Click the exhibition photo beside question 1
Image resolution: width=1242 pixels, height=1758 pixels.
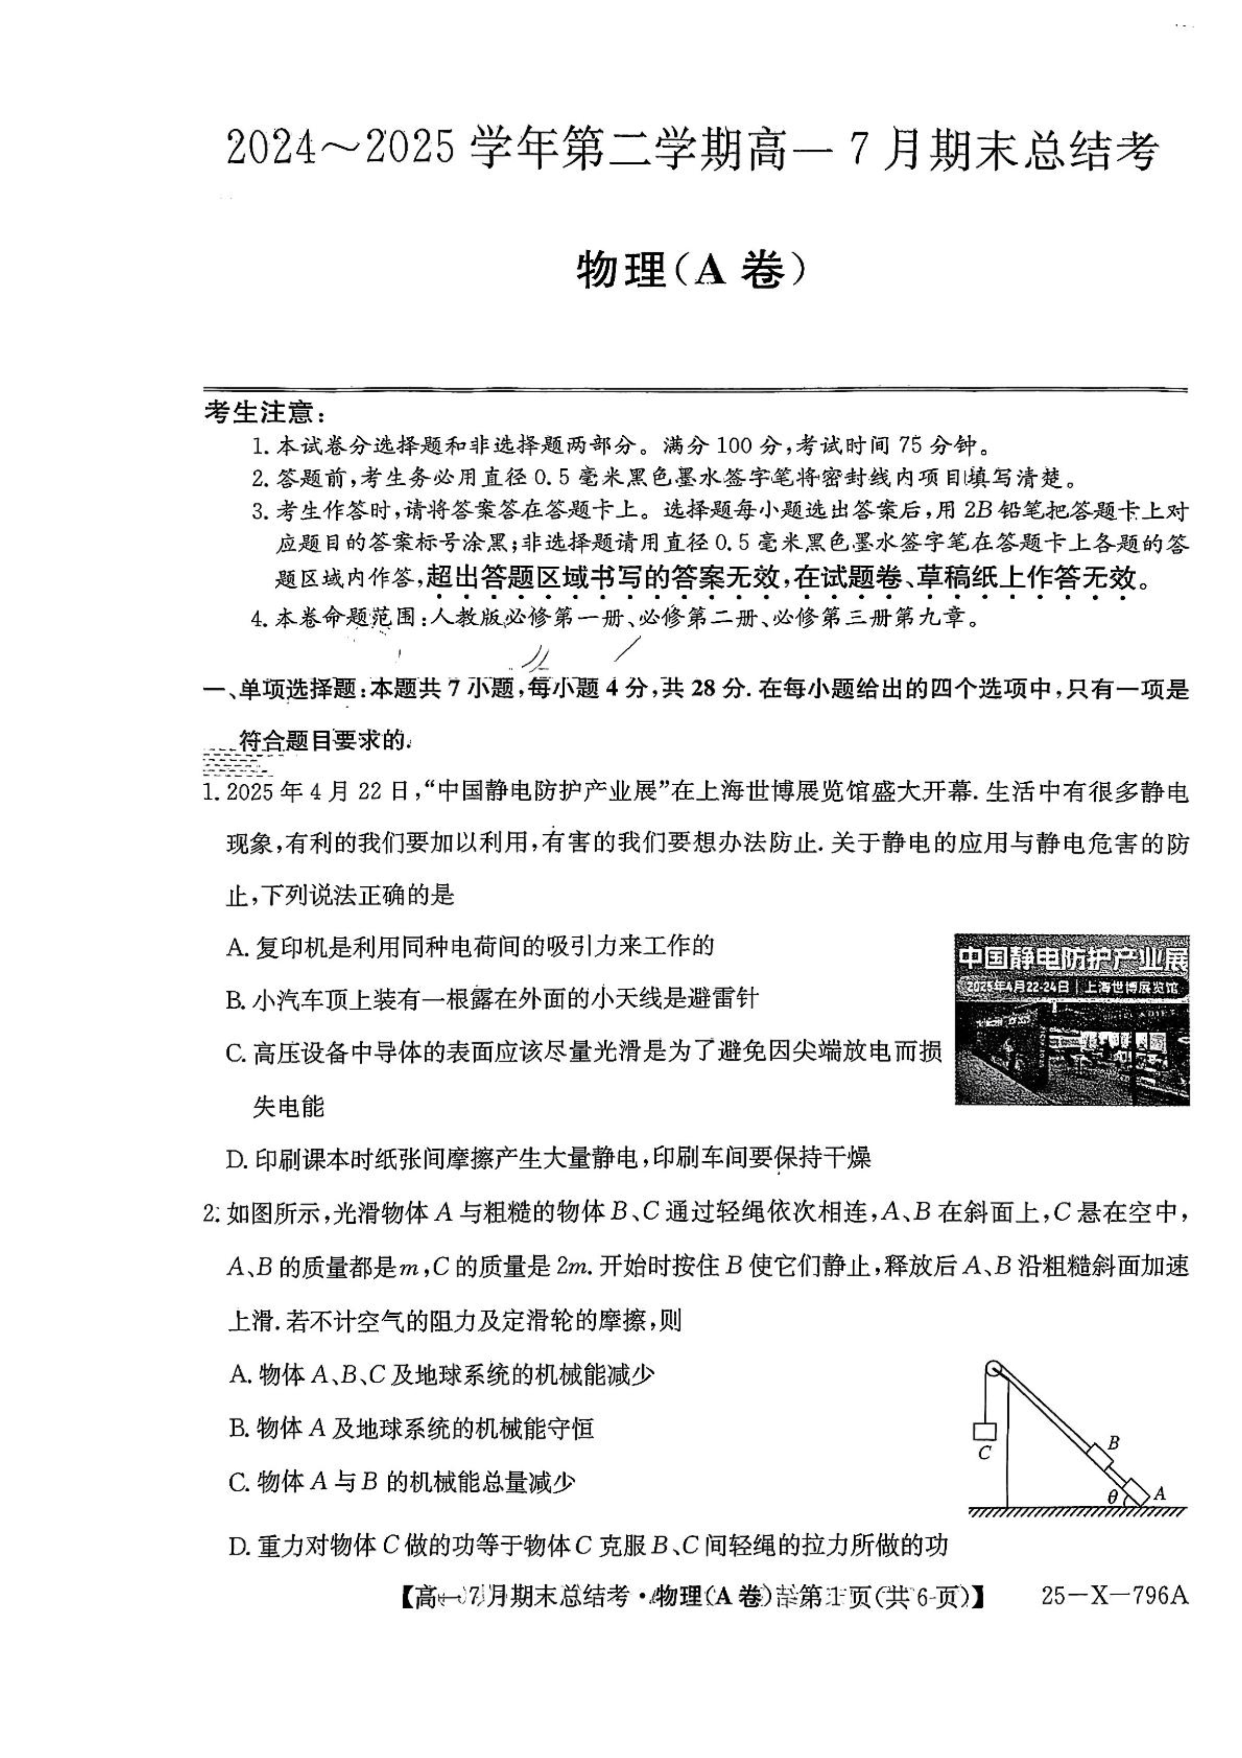point(1071,1019)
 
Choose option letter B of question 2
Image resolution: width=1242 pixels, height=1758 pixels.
point(237,1428)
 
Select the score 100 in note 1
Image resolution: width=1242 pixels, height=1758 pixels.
point(736,445)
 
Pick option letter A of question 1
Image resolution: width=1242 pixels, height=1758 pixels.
point(235,947)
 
